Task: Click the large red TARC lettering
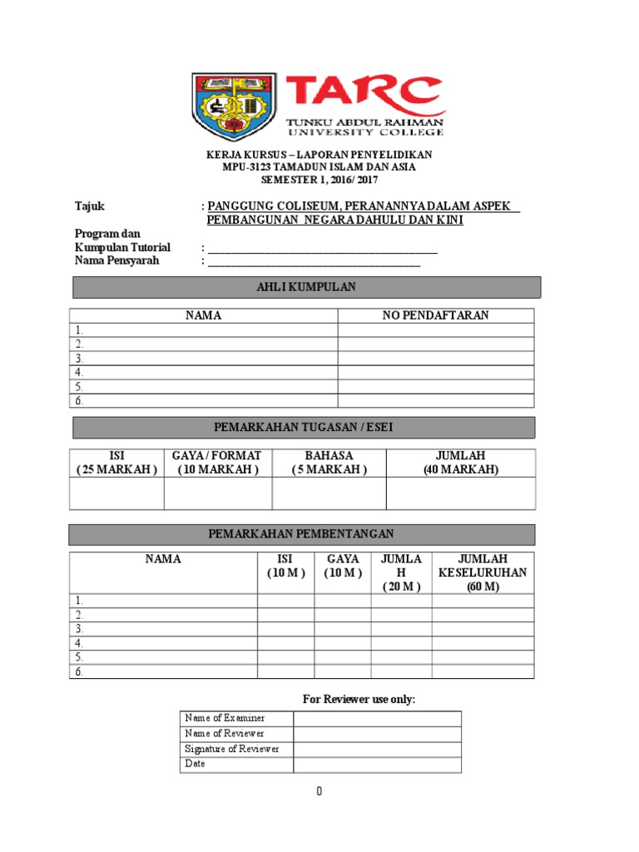coord(364,94)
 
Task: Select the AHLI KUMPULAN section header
coord(307,287)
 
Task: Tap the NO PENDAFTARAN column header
coord(435,315)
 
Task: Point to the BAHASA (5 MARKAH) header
coord(329,463)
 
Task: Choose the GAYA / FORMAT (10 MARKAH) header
coord(217,463)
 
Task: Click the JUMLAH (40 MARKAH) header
coord(460,463)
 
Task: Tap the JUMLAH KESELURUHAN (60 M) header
coord(483,572)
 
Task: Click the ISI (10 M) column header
coord(285,566)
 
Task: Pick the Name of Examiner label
coord(225,718)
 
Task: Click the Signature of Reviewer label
coord(232,749)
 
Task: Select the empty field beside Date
coord(375,764)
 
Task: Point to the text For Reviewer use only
coord(357,699)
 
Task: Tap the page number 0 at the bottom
coord(319,791)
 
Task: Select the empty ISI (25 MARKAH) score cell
coord(116,493)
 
